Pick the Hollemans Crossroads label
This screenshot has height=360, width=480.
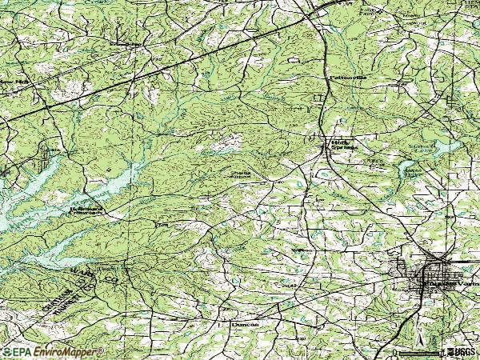82,213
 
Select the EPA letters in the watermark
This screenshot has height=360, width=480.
19,351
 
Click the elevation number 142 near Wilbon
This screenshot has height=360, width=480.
290,286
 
